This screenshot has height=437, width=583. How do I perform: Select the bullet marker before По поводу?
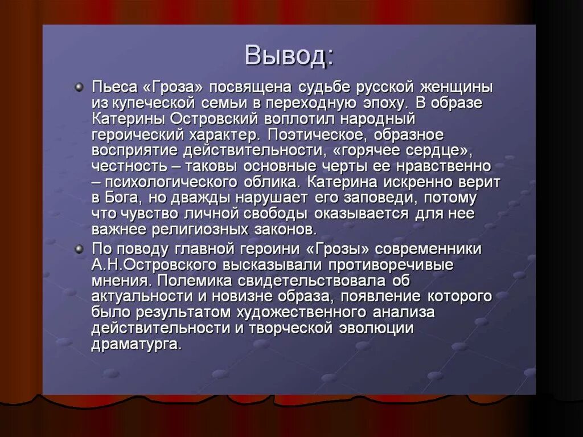(x=79, y=248)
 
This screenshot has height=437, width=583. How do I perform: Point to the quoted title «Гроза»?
(x=174, y=88)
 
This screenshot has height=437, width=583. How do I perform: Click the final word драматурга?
(x=137, y=345)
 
